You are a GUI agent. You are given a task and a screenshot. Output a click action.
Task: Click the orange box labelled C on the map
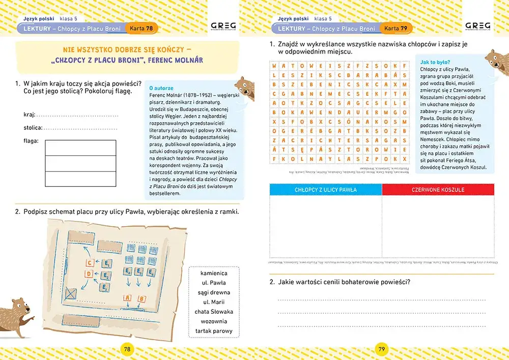[x=90, y=263]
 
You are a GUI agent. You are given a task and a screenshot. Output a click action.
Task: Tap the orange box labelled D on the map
[x=90, y=274]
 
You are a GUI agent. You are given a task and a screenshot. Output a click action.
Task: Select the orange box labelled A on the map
[x=127, y=298]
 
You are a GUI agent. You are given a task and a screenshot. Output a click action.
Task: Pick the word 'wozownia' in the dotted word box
[x=214, y=321]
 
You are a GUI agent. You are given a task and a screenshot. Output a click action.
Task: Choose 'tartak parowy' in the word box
[x=214, y=331]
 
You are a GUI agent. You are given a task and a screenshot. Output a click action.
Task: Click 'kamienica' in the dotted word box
[x=214, y=273]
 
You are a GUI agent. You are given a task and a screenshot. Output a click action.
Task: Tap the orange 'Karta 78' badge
[x=141, y=29]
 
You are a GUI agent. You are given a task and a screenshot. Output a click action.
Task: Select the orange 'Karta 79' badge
[x=395, y=29]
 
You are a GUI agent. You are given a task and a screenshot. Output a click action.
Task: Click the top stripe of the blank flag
[x=80, y=147]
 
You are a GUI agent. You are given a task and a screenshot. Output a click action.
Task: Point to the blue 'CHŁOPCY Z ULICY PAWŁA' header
[x=326, y=190]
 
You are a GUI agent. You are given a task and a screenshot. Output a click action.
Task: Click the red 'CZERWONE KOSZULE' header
[x=438, y=190]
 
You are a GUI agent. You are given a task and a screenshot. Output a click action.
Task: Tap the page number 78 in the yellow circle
[x=127, y=349]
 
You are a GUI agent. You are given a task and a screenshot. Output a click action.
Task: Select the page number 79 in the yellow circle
[x=382, y=349]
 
